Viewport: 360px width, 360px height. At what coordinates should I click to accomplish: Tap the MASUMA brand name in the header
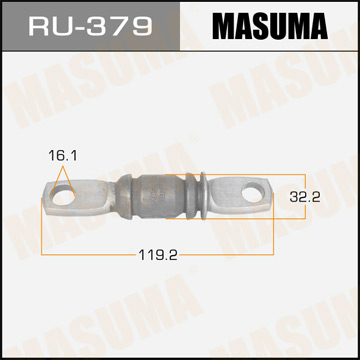tap(266, 25)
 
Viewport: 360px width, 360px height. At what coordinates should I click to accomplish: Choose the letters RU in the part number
tap(48, 25)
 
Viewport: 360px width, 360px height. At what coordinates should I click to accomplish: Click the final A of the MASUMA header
tap(331, 25)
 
